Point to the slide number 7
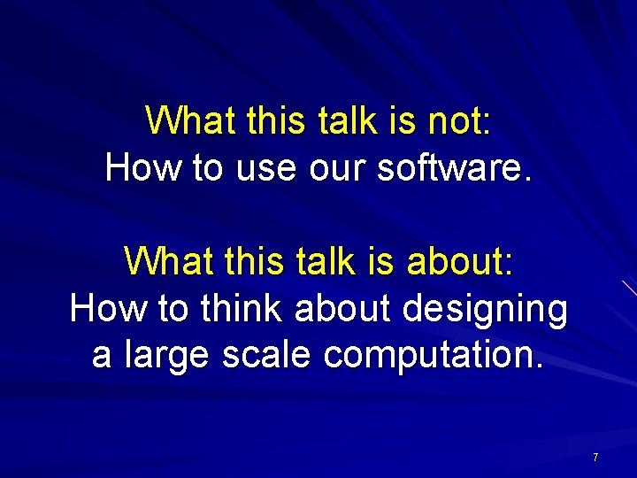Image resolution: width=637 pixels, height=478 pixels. pos(595,458)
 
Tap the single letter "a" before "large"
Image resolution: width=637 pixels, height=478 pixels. pos(102,355)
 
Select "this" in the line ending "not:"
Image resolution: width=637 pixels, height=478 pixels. pos(261,120)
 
